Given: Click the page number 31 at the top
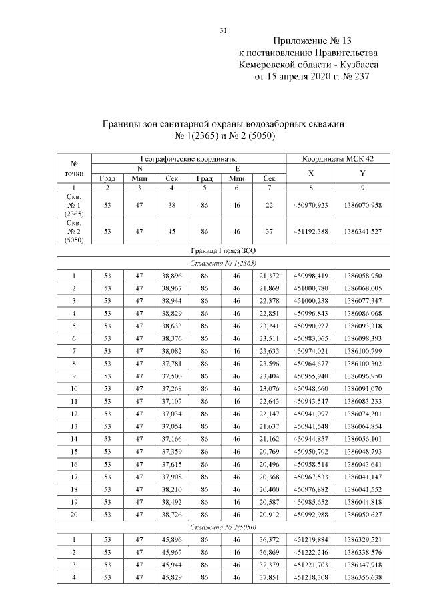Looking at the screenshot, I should coord(224,30).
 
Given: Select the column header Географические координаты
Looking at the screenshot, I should coord(189,158).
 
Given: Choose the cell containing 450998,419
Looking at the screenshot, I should coord(311,276).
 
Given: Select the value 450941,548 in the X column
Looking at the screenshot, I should coord(311,426).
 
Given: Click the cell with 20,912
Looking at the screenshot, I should coord(269,514).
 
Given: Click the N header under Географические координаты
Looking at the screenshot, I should coord(139,168).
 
